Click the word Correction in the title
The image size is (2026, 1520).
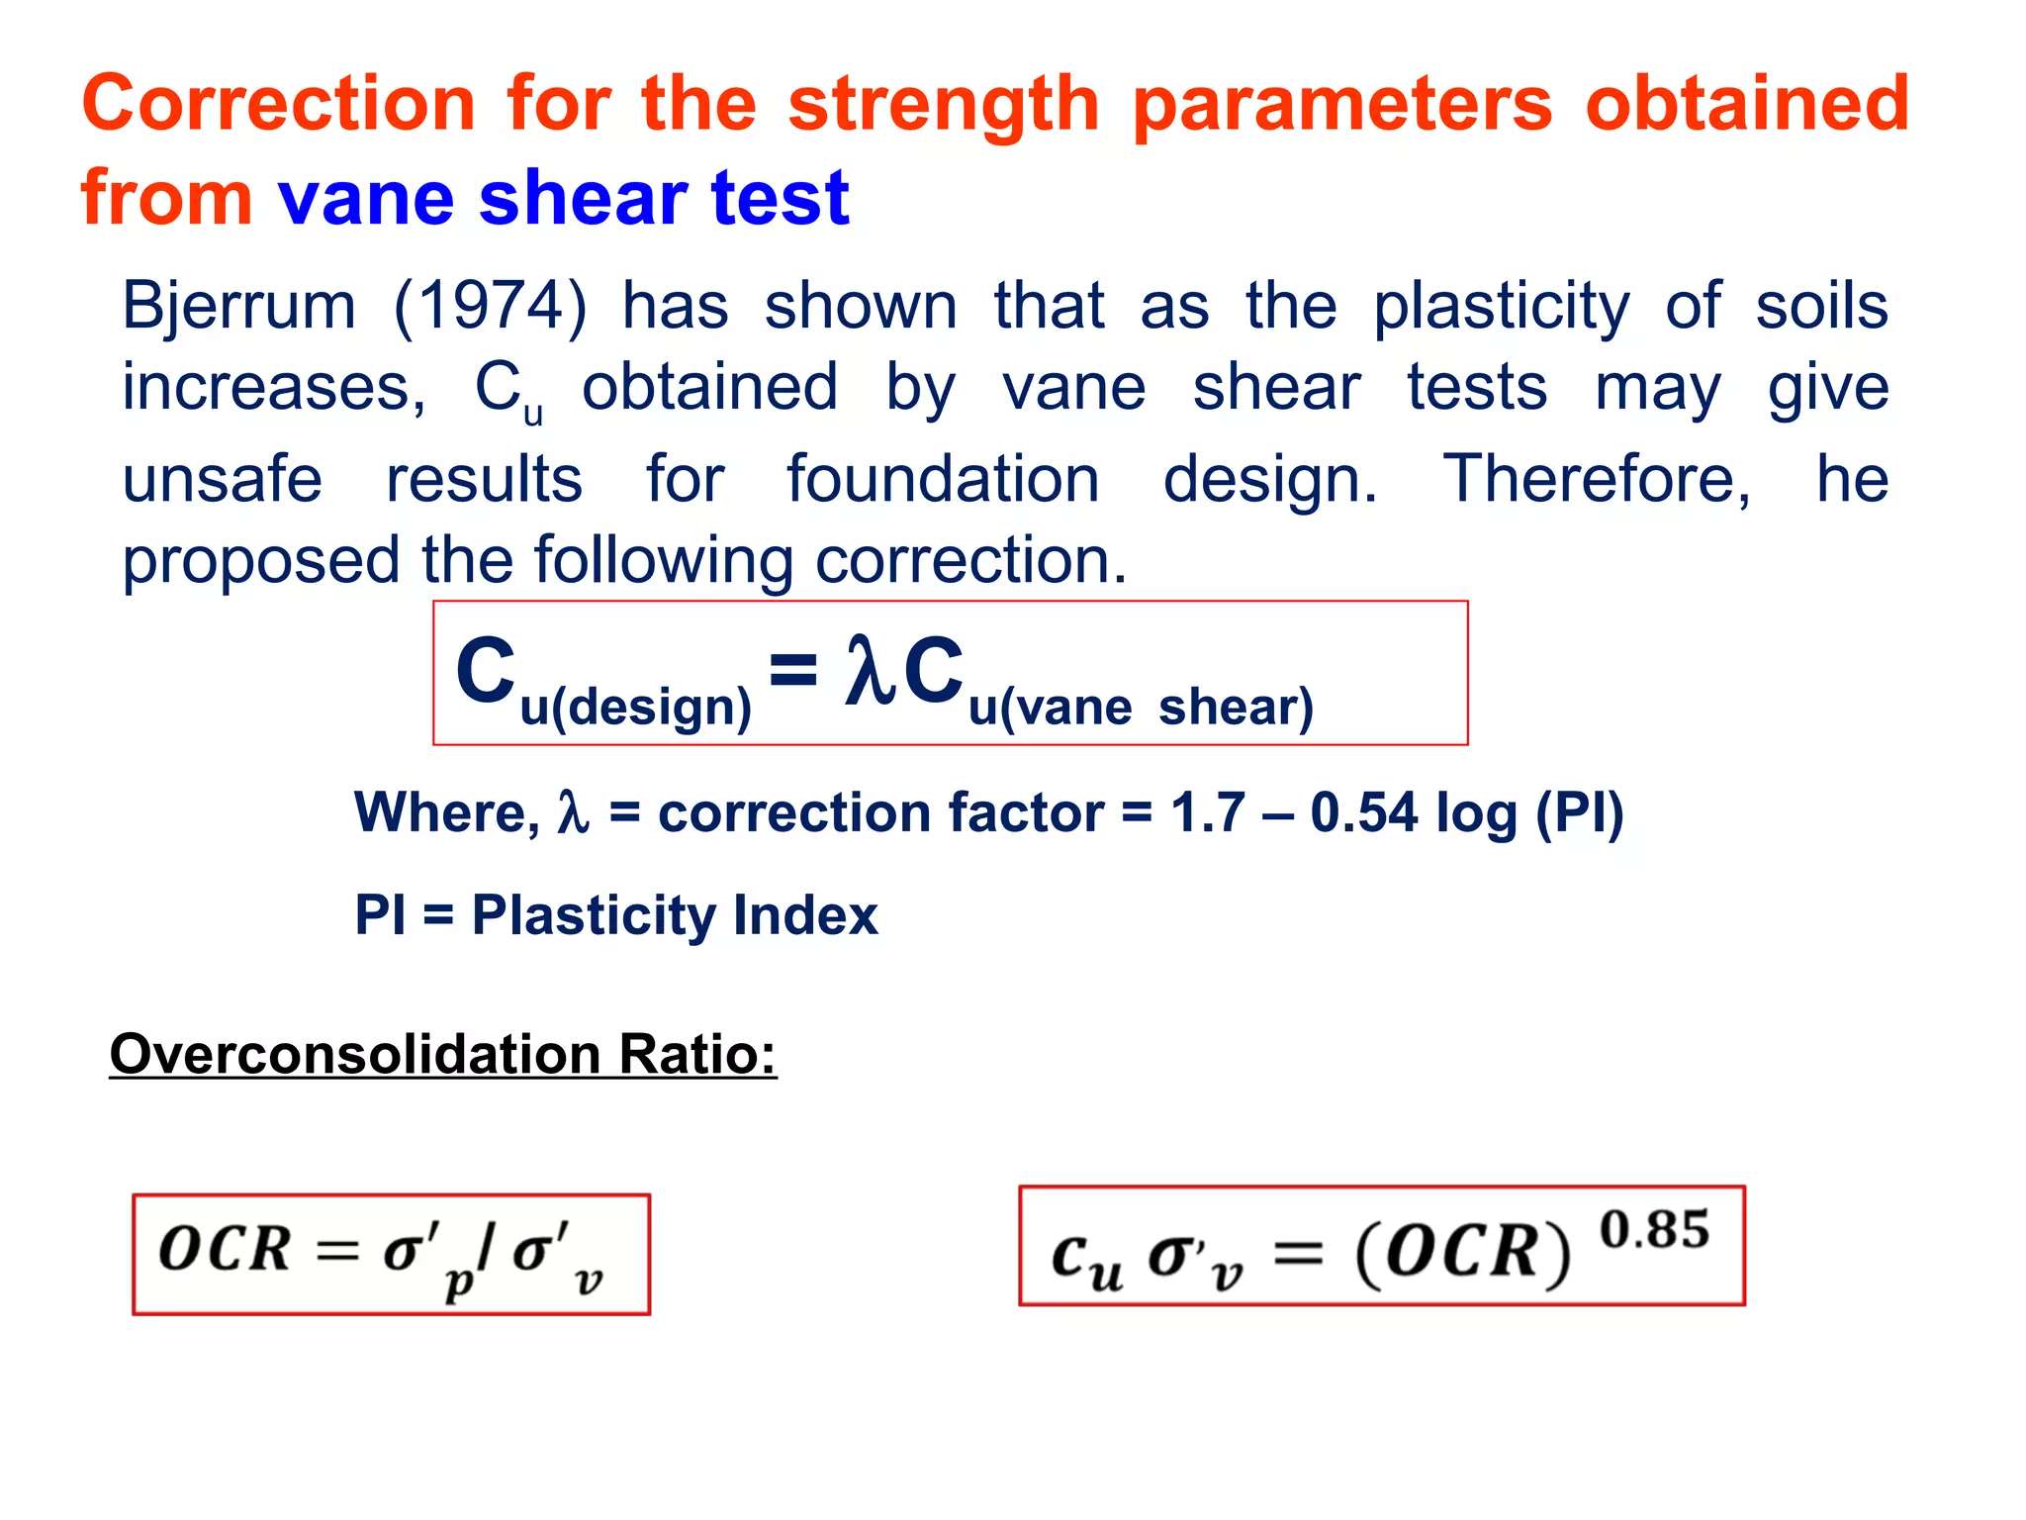click(x=279, y=104)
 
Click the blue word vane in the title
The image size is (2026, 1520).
click(x=366, y=198)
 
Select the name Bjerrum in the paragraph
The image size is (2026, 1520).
click(x=238, y=306)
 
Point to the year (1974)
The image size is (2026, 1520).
click(x=490, y=306)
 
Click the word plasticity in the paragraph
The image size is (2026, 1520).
click(x=1501, y=308)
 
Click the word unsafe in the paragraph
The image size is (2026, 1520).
click(x=222, y=480)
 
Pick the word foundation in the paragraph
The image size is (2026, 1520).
click(x=942, y=480)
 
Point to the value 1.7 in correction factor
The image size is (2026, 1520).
click(x=1207, y=813)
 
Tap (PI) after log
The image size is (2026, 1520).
click(x=1579, y=813)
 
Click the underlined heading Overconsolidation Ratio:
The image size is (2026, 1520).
click(x=442, y=1055)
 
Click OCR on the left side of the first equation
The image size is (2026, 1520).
click(x=225, y=1250)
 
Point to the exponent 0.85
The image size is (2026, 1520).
click(x=1654, y=1230)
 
